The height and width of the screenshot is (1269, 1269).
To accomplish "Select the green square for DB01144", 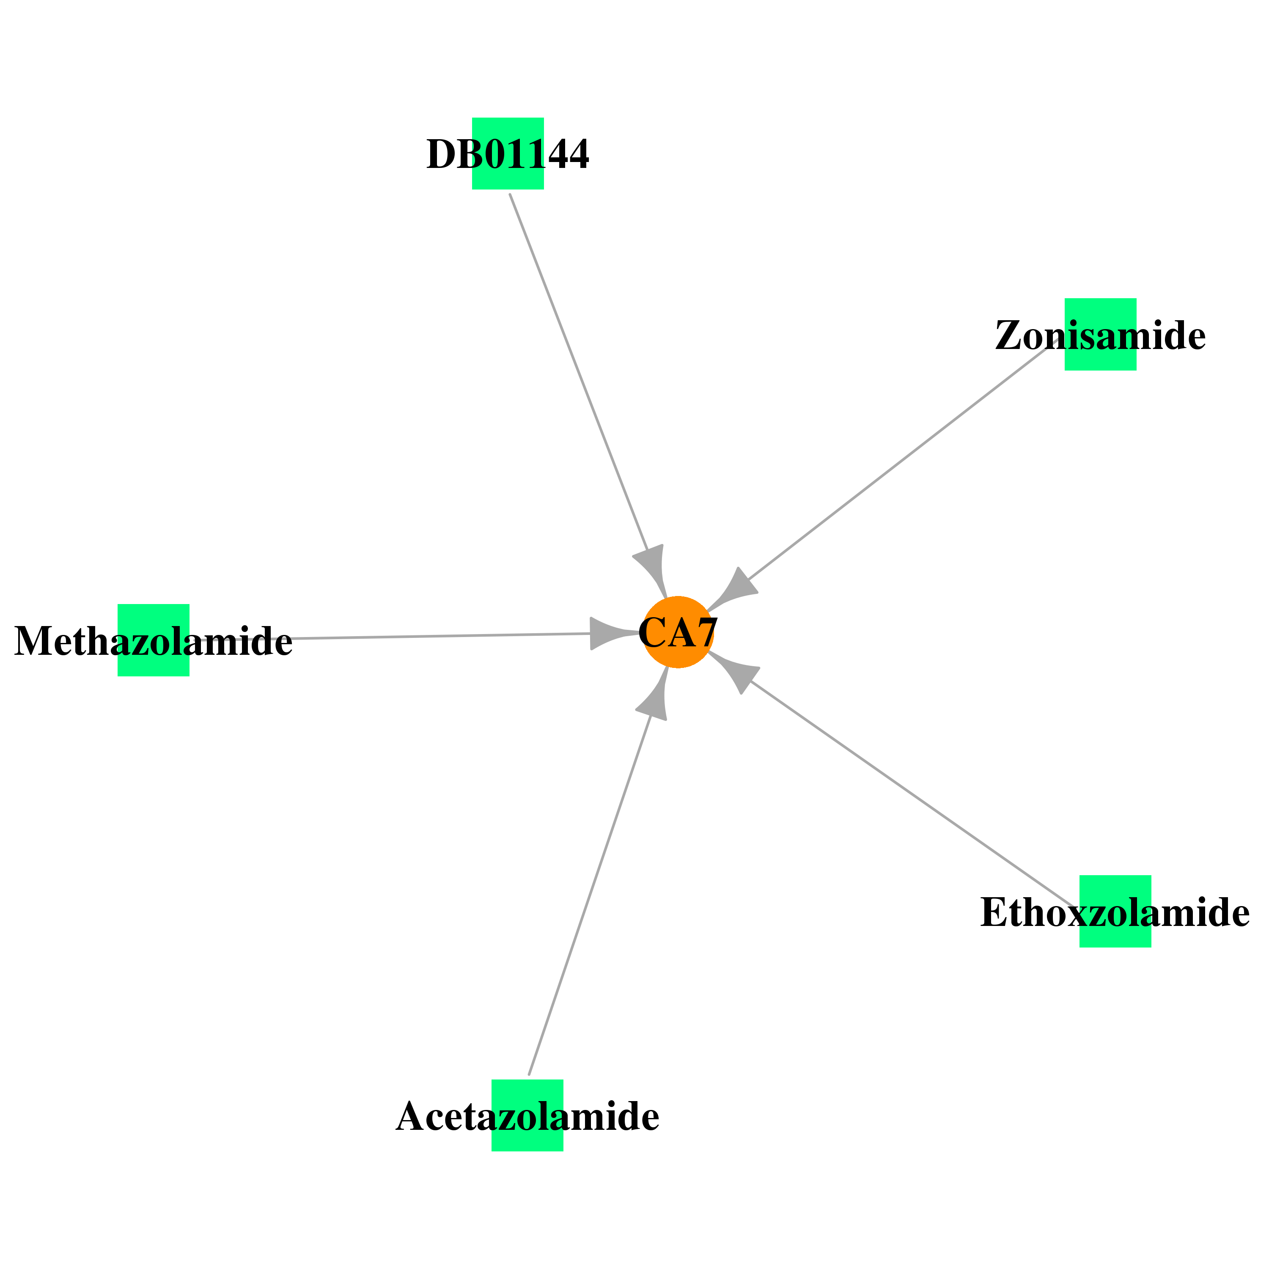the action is [x=508, y=154].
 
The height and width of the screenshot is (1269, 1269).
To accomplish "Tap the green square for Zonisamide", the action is [x=1100, y=334].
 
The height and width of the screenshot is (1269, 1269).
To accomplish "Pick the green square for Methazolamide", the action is [x=154, y=640].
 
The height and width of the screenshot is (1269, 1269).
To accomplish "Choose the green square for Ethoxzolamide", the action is [x=1115, y=911].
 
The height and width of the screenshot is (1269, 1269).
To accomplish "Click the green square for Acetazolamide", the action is [x=527, y=1115].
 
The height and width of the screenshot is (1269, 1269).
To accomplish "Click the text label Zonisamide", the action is [x=1100, y=335].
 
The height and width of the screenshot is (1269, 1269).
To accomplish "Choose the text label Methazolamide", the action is [x=154, y=641].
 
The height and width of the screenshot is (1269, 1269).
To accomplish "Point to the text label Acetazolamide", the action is [x=527, y=1117].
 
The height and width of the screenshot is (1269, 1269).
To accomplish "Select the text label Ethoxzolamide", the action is [x=1115, y=912].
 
